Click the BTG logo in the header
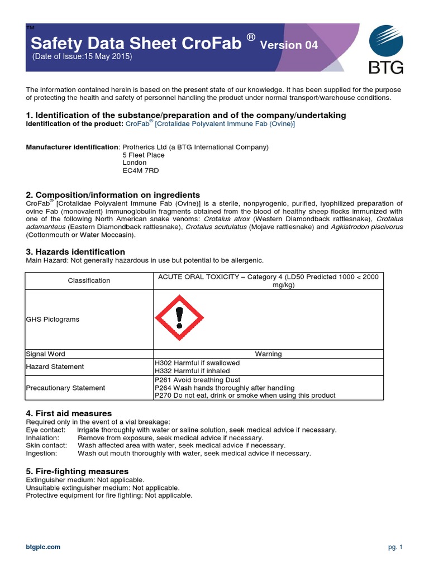pos(385,51)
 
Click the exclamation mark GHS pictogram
pos(179,319)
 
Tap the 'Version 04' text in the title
pos(289,46)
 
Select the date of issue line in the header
pos(82,57)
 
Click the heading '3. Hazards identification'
pos(75,252)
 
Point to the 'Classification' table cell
pos(89,280)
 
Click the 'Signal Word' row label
pos(46,354)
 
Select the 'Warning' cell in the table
pos(268,354)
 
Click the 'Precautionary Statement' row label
pos(65,387)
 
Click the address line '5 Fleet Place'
pos(144,155)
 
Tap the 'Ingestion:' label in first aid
pos(41,453)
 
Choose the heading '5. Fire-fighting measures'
pos(77,471)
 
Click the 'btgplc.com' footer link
pos(43,547)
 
